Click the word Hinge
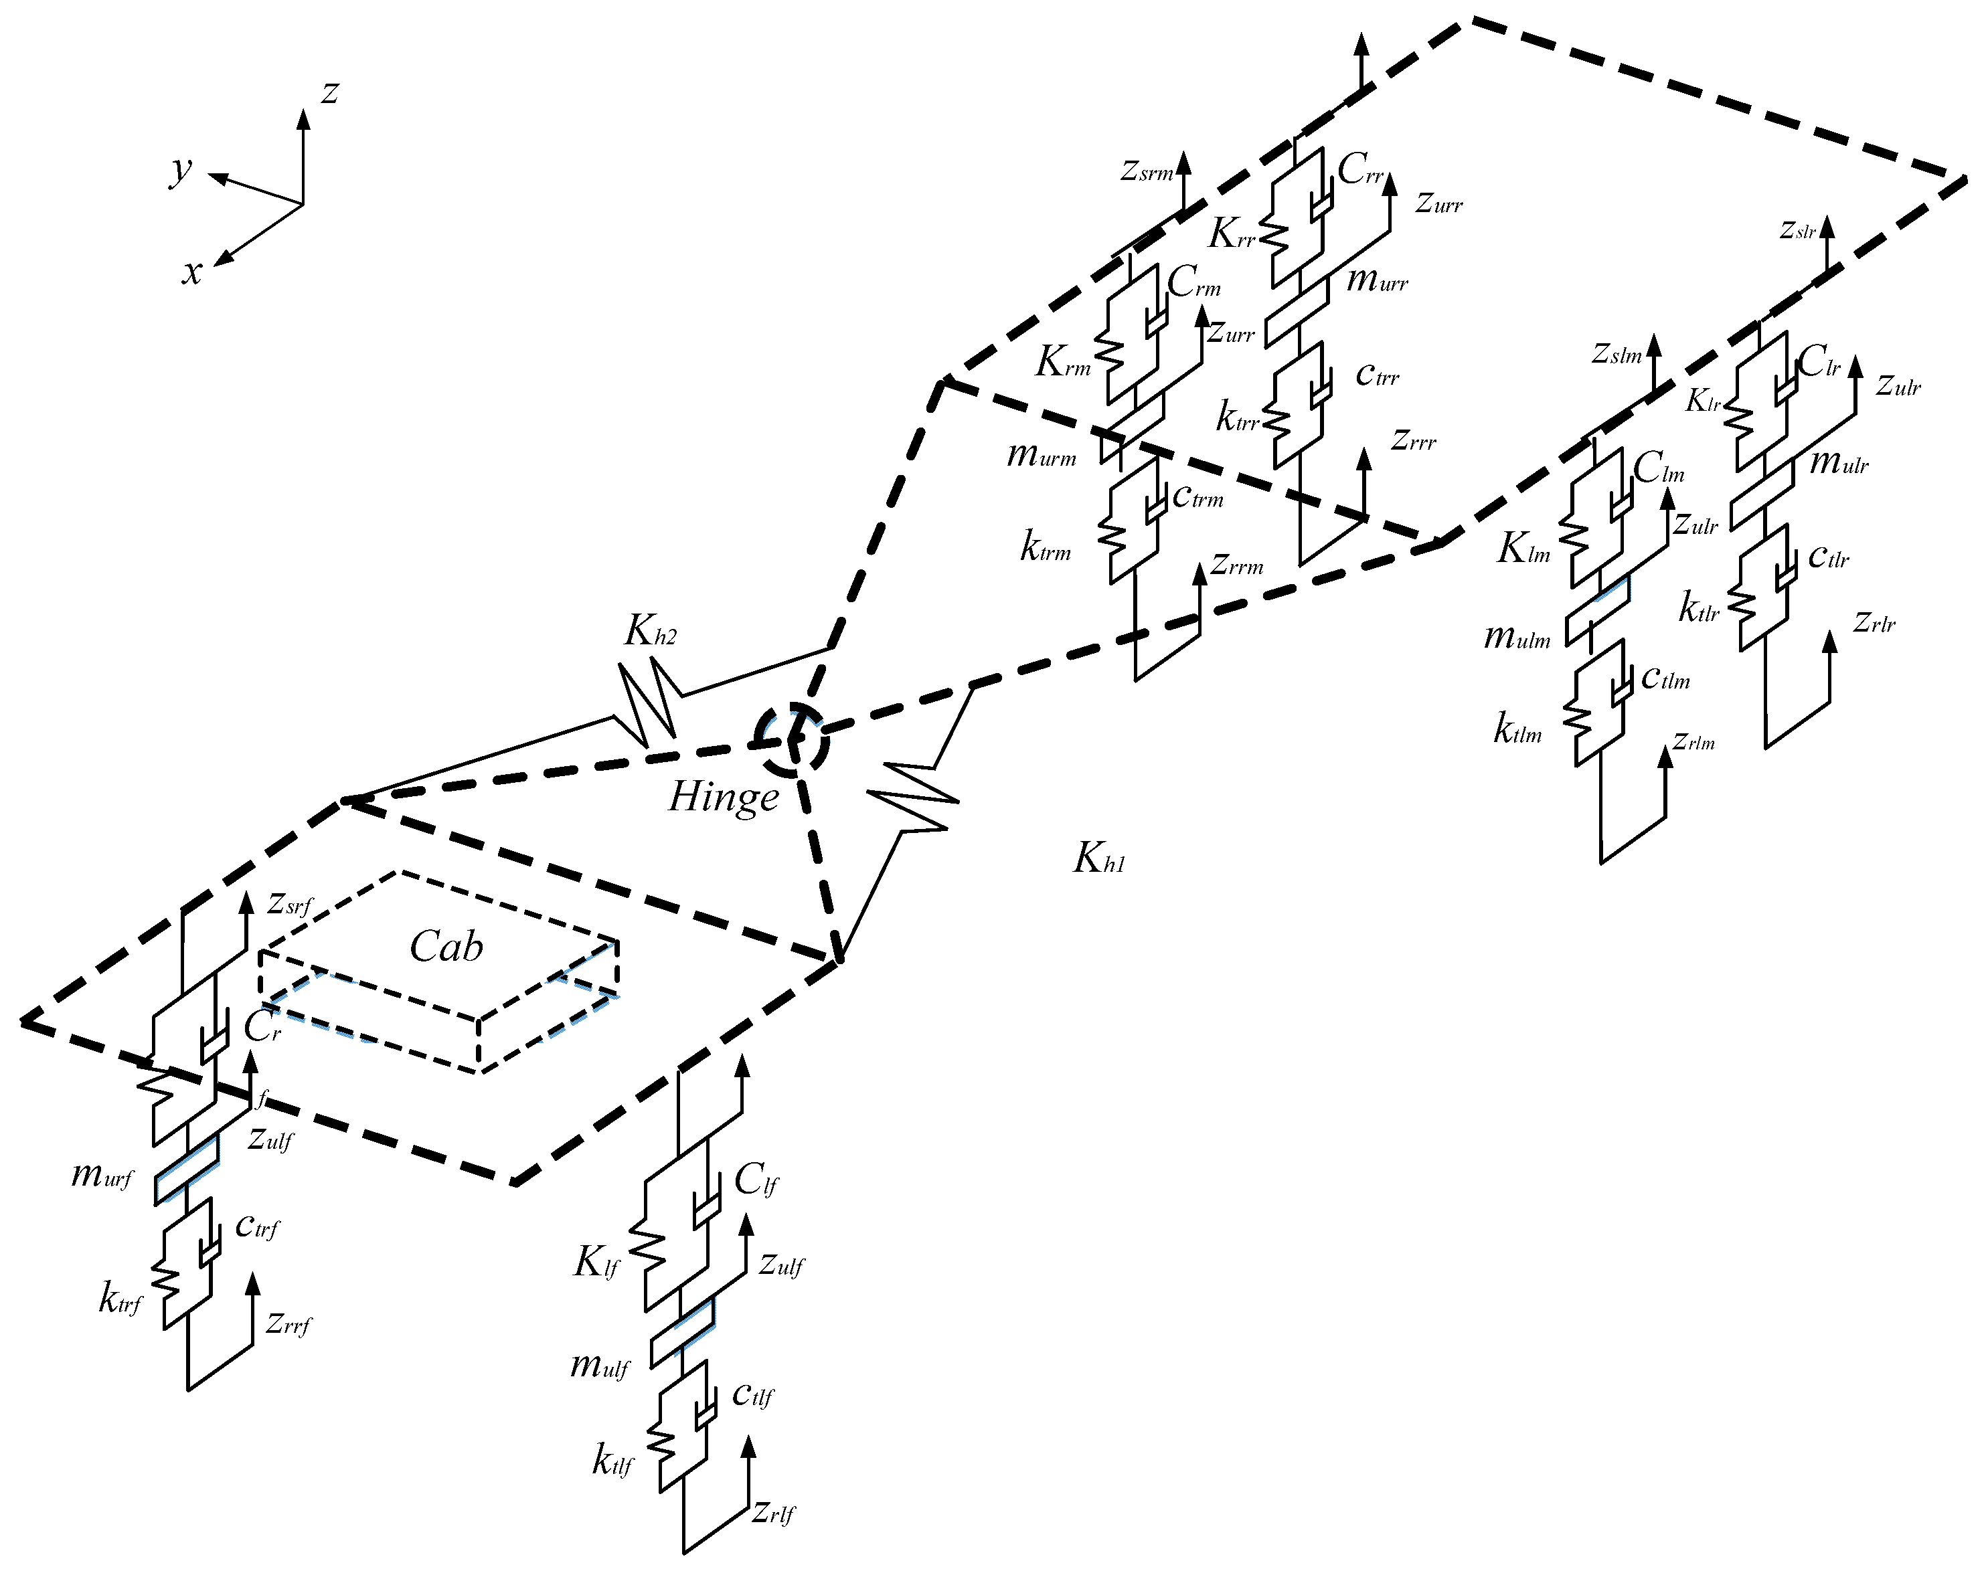pyautogui.click(x=724, y=798)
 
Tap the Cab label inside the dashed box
pyautogui.click(x=446, y=947)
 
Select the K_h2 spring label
pyautogui.click(x=651, y=632)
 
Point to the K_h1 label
pyautogui.click(x=1099, y=858)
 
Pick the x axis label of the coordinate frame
pyautogui.click(x=191, y=272)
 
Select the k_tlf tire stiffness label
pyautogui.click(x=612, y=1461)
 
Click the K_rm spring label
pyautogui.click(x=1063, y=363)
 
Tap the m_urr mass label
pyautogui.click(x=1377, y=280)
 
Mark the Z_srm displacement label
pyautogui.click(x=1147, y=171)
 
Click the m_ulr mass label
pyautogui.click(x=1839, y=462)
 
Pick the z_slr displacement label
pyautogui.click(x=1797, y=230)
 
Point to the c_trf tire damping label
pyautogui.click(x=257, y=1226)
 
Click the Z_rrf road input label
pyautogui.click(x=288, y=1324)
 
